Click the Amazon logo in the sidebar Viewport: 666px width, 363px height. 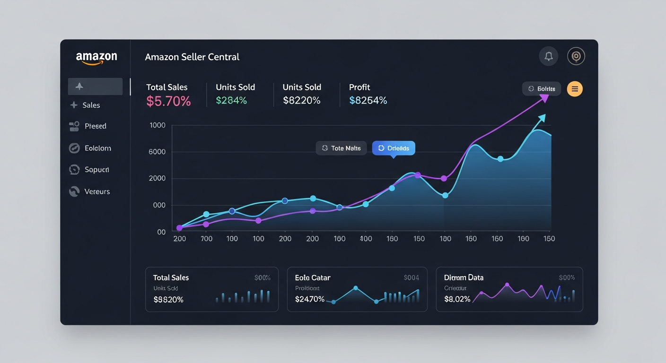pos(96,58)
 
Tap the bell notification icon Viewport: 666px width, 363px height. pos(549,56)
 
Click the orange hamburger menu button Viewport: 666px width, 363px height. pos(575,89)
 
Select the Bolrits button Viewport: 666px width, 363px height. pos(542,89)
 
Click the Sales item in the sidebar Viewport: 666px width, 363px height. pos(91,105)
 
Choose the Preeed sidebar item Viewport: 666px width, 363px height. pos(95,126)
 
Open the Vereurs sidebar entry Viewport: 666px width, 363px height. pos(96,191)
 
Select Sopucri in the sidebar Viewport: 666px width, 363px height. pos(96,170)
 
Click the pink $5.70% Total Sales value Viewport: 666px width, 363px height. pos(168,101)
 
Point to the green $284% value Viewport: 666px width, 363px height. pos(231,100)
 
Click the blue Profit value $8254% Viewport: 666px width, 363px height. pos(368,100)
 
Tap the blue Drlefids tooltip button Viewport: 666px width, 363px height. pos(394,148)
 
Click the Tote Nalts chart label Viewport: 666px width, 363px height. pos(341,148)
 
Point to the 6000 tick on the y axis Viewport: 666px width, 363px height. pos(157,152)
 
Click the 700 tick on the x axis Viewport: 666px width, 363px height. pos(206,239)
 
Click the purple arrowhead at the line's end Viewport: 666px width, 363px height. pos(544,98)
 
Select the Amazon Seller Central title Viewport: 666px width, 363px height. pos(192,57)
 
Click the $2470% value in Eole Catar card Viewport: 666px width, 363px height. pos(309,299)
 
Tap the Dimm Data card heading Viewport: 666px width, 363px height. pos(464,277)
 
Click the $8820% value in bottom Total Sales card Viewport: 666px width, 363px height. pos(168,300)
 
